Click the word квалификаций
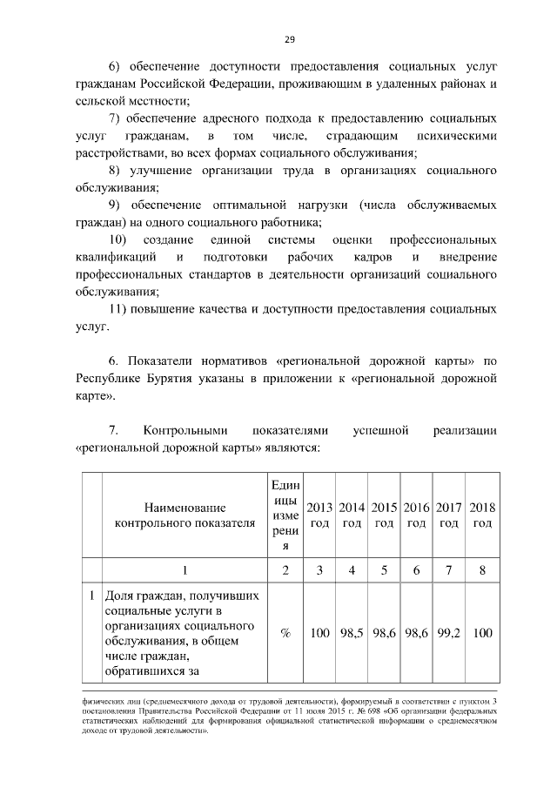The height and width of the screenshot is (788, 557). tap(116, 257)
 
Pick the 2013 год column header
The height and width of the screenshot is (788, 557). tap(320, 515)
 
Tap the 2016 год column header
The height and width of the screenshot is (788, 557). tap(417, 515)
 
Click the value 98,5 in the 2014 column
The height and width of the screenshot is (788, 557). tap(352, 633)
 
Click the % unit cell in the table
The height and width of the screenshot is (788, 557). tap(285, 633)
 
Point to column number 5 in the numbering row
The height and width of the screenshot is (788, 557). tap(385, 570)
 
